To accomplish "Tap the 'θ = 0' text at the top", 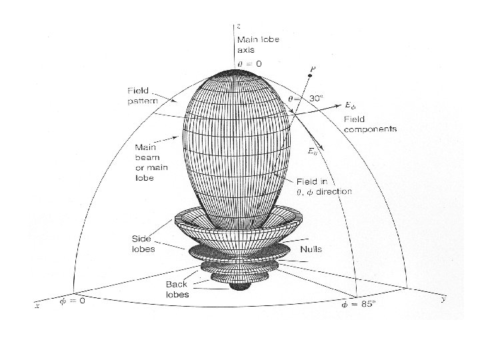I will click(x=250, y=63).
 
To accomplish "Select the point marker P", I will click(x=310, y=77).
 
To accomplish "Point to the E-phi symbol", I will click(x=352, y=105).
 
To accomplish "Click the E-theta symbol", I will click(x=312, y=151).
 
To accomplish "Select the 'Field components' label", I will click(x=370, y=123).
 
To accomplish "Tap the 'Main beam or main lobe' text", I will click(x=151, y=162).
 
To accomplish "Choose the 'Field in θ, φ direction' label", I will click(x=324, y=187).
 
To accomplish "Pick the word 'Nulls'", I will click(x=311, y=249).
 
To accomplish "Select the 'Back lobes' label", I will click(x=177, y=289).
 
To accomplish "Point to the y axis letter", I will click(x=443, y=300).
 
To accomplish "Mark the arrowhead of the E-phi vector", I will click(x=341, y=103).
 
